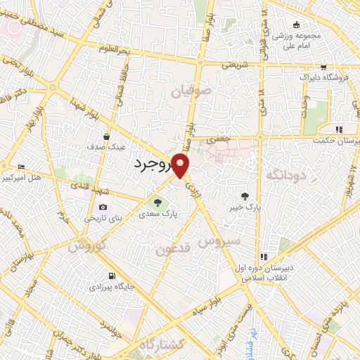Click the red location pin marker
[x=181, y=166]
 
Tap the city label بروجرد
[x=153, y=164]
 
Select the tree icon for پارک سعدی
[x=157, y=204]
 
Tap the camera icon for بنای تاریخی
[x=103, y=207]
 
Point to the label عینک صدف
[x=105, y=148]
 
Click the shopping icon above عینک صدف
[x=105, y=136]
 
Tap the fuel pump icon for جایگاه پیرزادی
[x=110, y=276]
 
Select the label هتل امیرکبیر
[x=26, y=177]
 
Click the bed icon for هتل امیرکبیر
[x=20, y=166]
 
